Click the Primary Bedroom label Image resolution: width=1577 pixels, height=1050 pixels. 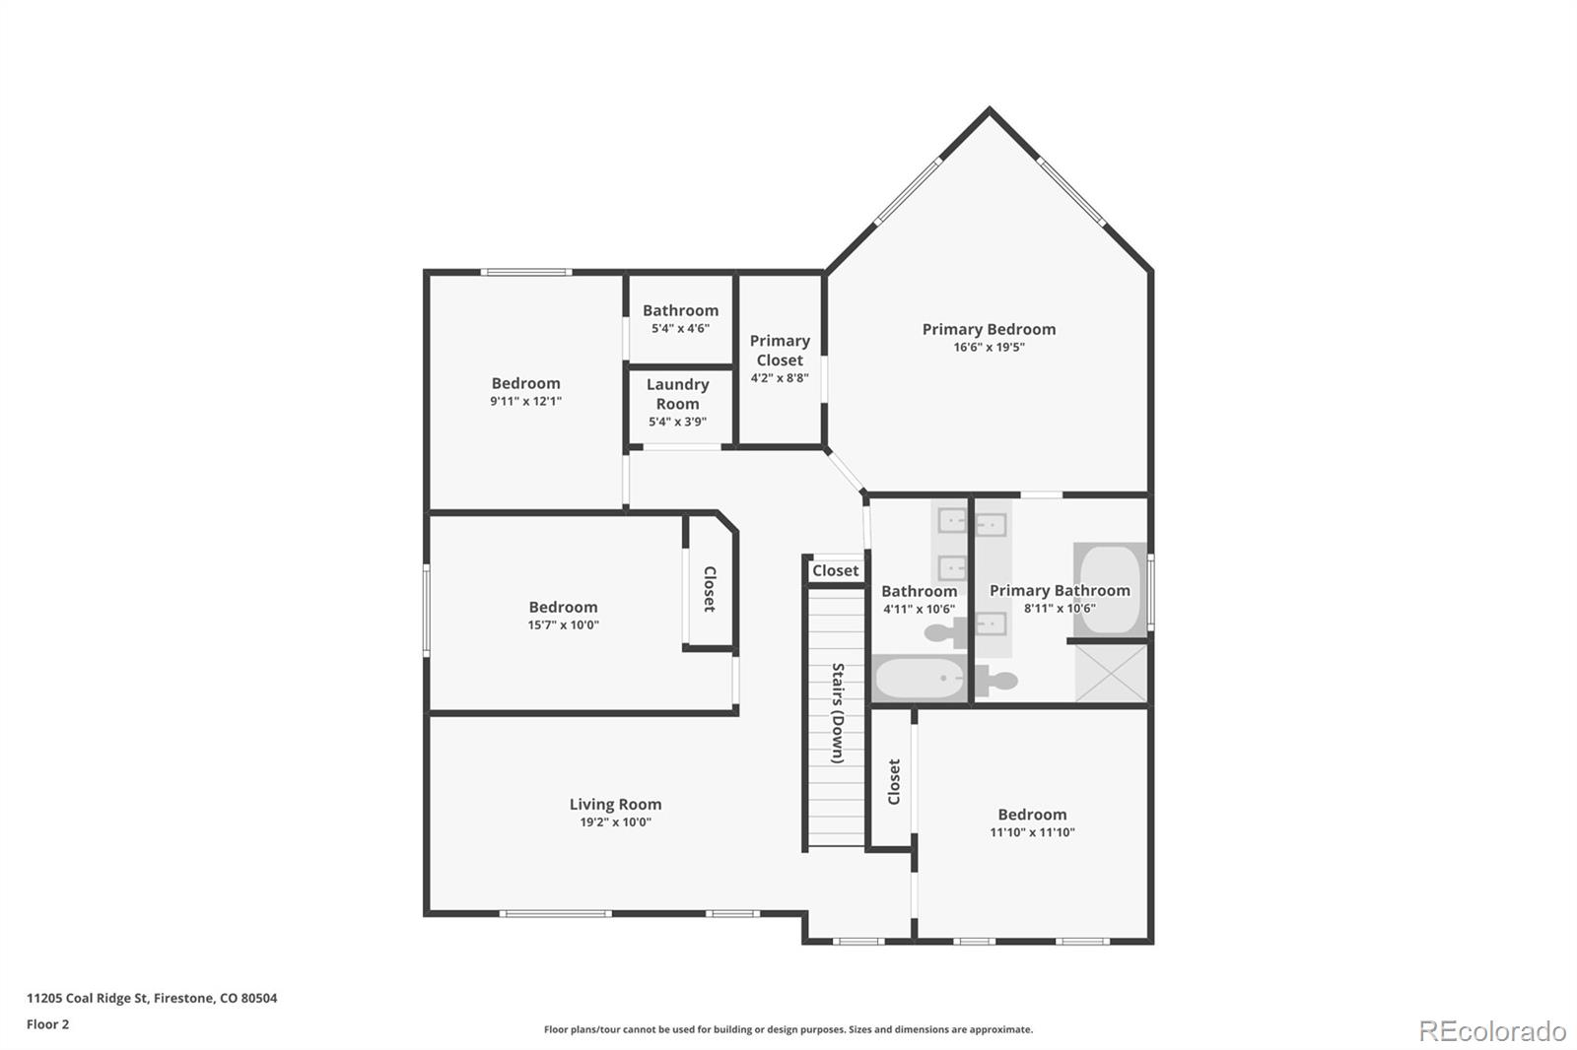pos(989,329)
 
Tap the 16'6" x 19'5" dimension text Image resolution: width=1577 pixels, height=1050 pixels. pos(989,347)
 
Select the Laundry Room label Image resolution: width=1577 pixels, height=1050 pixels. pos(677,394)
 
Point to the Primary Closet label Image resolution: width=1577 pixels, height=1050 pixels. pos(780,350)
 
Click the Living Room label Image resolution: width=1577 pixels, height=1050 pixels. pos(615,804)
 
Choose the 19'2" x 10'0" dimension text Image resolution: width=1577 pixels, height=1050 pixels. pos(615,821)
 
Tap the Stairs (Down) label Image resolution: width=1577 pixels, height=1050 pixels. pos(837,713)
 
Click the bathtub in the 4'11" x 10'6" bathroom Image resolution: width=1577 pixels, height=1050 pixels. pos(921,679)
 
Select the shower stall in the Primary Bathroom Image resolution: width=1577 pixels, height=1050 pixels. pos(1111,673)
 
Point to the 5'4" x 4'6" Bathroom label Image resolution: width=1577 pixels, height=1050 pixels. pos(680,310)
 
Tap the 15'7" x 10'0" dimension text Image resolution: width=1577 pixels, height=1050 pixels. pos(563,624)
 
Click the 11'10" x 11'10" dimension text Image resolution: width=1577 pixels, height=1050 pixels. pos(1032,832)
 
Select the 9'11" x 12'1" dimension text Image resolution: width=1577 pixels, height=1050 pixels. pos(525,401)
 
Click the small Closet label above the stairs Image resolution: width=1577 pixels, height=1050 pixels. pos(835,570)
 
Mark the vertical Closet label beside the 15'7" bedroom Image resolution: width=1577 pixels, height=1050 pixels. pos(709,589)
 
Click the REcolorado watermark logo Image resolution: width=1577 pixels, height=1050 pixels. pos(1491,1030)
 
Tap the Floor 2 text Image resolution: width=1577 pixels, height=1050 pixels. pos(47,1024)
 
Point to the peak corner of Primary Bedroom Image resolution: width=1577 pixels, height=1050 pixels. pos(989,110)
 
